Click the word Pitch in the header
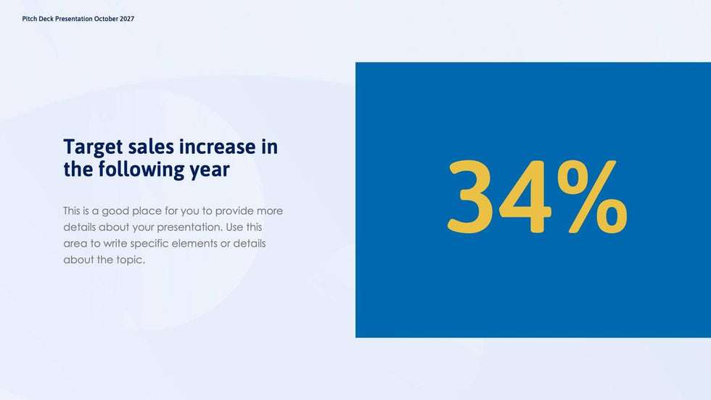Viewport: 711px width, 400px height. [30, 19]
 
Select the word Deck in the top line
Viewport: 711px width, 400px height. [46, 19]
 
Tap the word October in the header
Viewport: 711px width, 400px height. [106, 19]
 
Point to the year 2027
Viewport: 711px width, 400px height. [127, 19]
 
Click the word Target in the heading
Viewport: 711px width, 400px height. [93, 147]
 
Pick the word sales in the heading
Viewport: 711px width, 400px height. [151, 147]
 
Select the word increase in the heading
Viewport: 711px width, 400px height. [218, 147]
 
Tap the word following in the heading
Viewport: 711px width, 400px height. [141, 170]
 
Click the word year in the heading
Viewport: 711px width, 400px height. [210, 171]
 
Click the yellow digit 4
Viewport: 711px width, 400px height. [525, 197]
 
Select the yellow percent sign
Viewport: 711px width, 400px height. [592, 197]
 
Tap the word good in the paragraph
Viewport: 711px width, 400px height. [115, 211]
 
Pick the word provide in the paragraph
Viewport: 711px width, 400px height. [234, 211]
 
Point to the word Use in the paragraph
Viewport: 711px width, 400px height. [234, 226]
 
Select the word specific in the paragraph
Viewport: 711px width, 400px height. [149, 244]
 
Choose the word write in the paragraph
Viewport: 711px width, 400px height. [115, 243]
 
